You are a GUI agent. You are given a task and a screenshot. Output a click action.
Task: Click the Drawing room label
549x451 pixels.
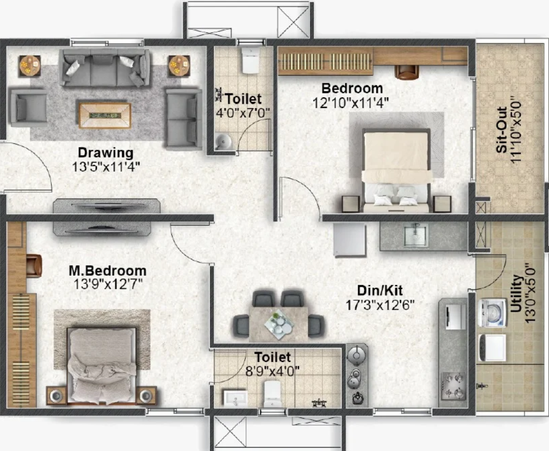(105, 153)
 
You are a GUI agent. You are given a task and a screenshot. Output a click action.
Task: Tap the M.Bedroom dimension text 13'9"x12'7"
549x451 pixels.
(108, 284)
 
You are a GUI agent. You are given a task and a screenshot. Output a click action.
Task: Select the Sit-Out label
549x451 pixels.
(502, 130)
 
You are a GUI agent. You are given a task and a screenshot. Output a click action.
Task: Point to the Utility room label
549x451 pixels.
(516, 293)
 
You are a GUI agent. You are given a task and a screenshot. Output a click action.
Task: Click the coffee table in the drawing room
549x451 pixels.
(105, 115)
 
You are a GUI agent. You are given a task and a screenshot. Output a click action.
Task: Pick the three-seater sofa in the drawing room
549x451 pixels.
(104, 67)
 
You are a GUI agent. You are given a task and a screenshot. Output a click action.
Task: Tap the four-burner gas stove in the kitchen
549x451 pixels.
(454, 386)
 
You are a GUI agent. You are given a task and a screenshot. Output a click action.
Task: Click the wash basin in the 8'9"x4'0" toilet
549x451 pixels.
(235, 399)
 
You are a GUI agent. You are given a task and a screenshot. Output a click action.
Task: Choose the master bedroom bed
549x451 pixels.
(102, 365)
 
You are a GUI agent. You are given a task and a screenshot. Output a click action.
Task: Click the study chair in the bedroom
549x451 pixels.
(407, 72)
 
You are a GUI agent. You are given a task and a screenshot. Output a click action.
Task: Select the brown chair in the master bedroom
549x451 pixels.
(34, 266)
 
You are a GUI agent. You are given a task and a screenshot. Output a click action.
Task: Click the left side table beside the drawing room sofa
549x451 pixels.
(30, 65)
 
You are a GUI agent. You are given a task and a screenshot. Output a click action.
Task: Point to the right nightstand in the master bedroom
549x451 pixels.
(147, 396)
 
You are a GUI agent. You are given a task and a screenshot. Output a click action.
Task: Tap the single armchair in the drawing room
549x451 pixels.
(29, 107)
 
